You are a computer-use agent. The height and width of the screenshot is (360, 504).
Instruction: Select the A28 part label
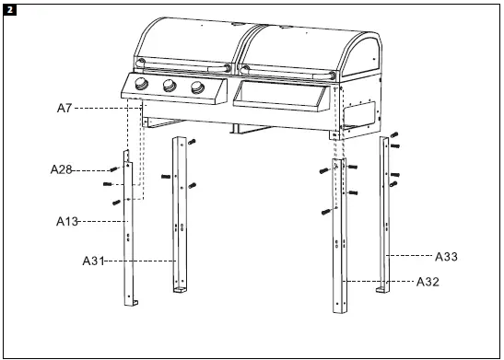coord(61,169)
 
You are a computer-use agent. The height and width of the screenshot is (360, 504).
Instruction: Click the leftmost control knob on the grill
coord(141,86)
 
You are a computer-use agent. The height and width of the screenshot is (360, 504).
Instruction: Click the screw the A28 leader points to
coord(112,168)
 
